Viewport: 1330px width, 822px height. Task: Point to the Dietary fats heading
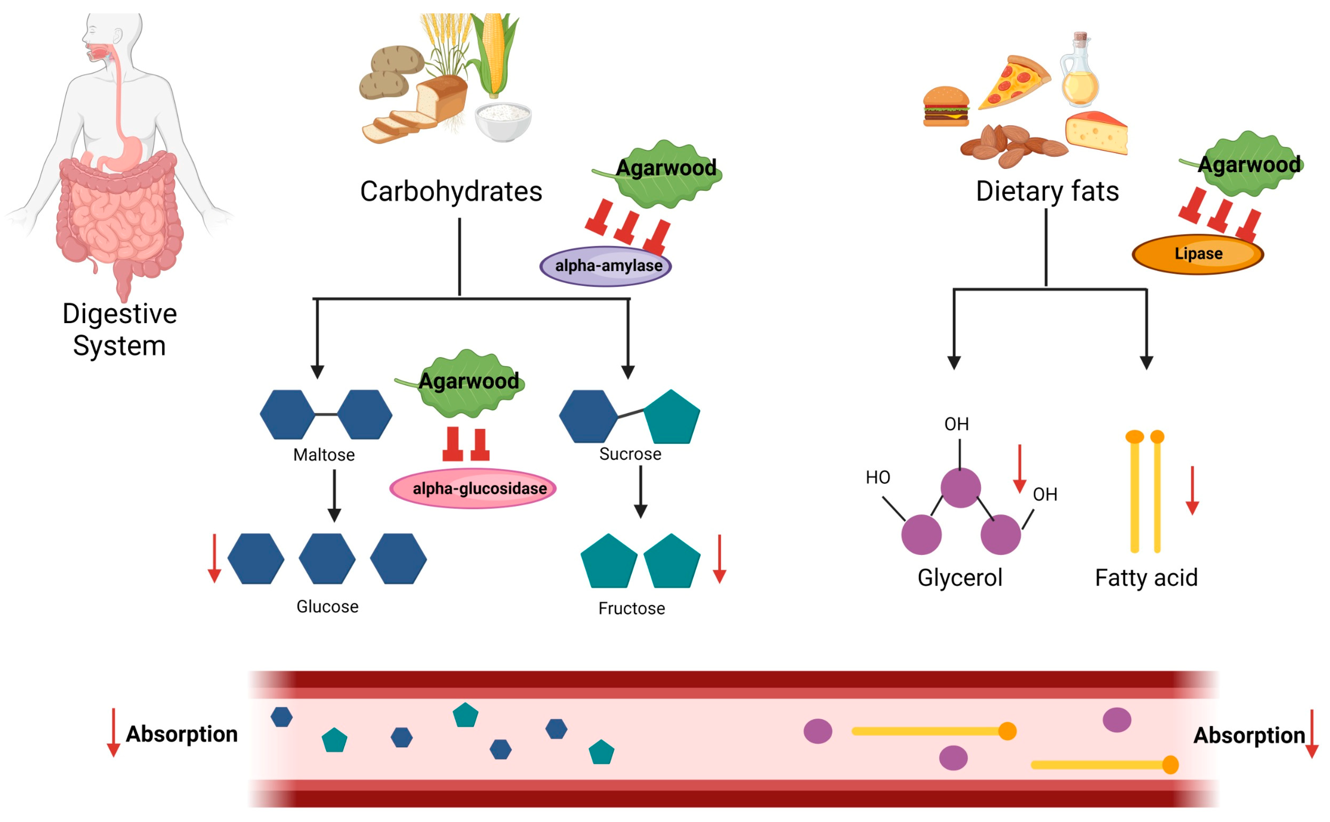(x=1047, y=191)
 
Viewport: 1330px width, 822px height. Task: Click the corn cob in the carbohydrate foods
(x=494, y=55)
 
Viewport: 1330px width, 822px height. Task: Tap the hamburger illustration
(x=946, y=106)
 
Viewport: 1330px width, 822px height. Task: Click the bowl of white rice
(x=503, y=121)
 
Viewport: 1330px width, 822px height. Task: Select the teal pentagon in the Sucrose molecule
(x=672, y=418)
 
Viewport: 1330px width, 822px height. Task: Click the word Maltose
(x=324, y=455)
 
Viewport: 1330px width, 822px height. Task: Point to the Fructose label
(x=631, y=608)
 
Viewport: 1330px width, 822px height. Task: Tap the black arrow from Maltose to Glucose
(x=334, y=495)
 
